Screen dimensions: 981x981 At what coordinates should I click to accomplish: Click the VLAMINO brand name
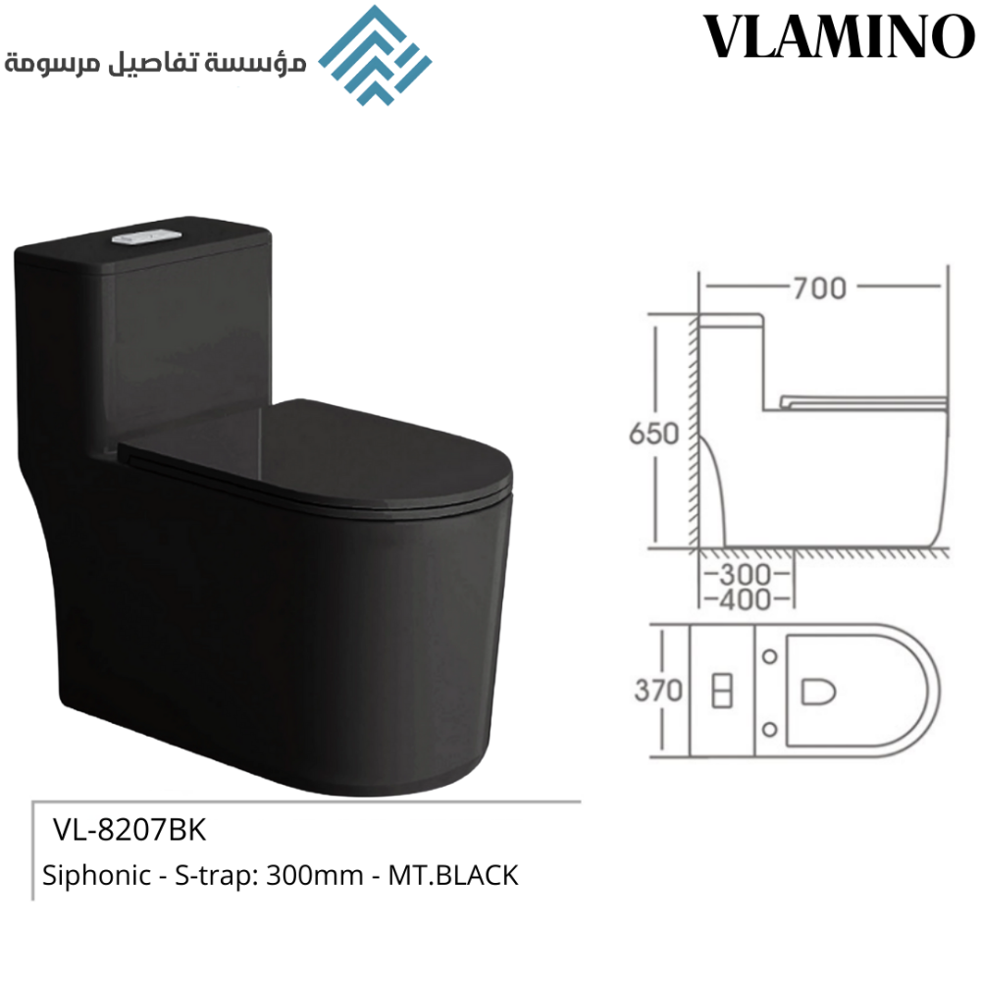point(839,36)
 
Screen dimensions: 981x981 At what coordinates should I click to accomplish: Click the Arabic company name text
point(155,63)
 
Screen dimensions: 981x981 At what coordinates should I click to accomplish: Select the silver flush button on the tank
point(146,237)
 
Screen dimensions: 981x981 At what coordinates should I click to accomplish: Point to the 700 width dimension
point(819,288)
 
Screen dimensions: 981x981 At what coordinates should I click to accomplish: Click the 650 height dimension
point(653,434)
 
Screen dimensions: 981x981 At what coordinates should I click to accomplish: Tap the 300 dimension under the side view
point(746,574)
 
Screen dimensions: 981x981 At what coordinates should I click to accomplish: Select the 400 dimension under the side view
point(746,599)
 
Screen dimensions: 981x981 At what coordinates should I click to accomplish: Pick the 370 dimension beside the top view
point(658,691)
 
